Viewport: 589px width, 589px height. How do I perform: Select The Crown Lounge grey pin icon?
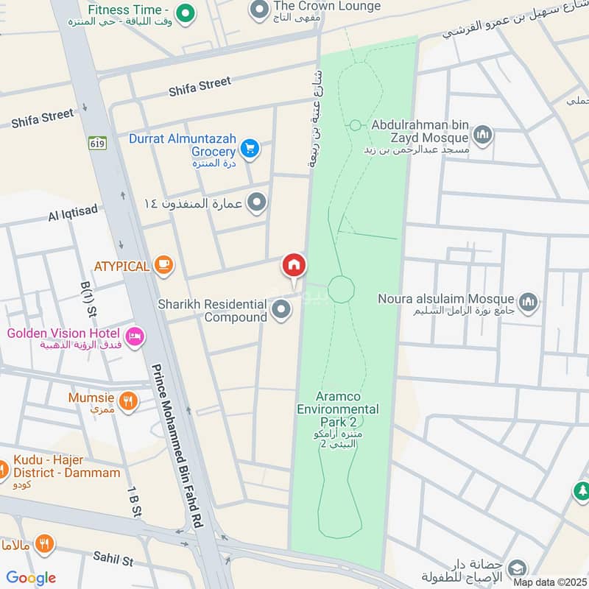click(x=258, y=10)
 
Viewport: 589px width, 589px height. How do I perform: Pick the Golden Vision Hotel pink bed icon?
click(x=135, y=336)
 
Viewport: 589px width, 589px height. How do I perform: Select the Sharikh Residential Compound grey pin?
click(x=281, y=310)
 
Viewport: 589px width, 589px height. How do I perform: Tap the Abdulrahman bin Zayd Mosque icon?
click(x=483, y=134)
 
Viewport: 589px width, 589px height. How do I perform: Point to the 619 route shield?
click(x=99, y=143)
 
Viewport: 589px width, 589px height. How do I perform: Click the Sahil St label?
click(x=113, y=559)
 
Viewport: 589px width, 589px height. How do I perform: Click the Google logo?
click(x=31, y=578)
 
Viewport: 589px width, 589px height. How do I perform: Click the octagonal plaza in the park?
click(x=341, y=289)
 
